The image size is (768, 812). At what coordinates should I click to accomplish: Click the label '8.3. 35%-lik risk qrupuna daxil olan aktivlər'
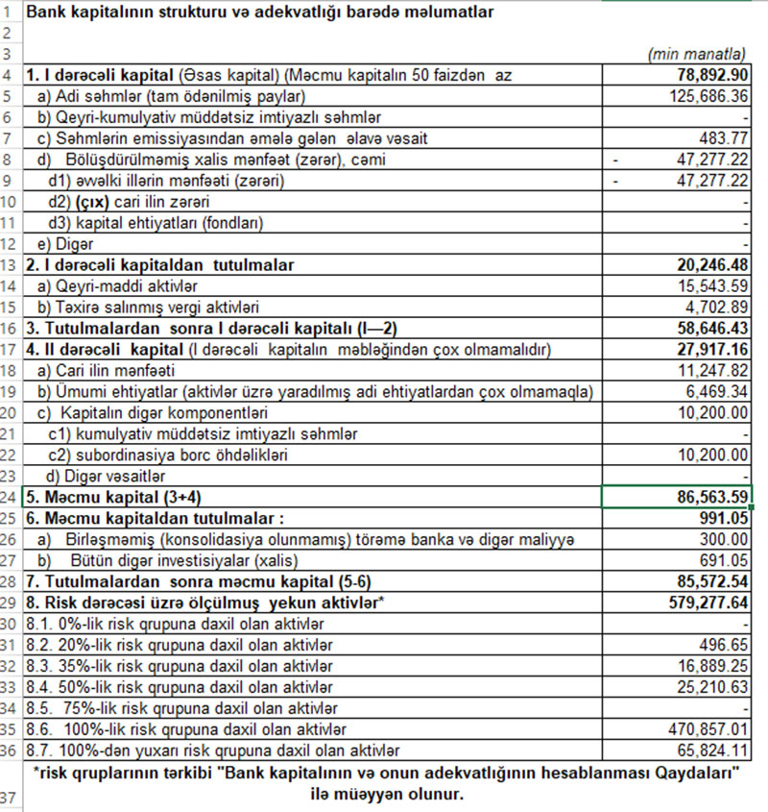point(180,665)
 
